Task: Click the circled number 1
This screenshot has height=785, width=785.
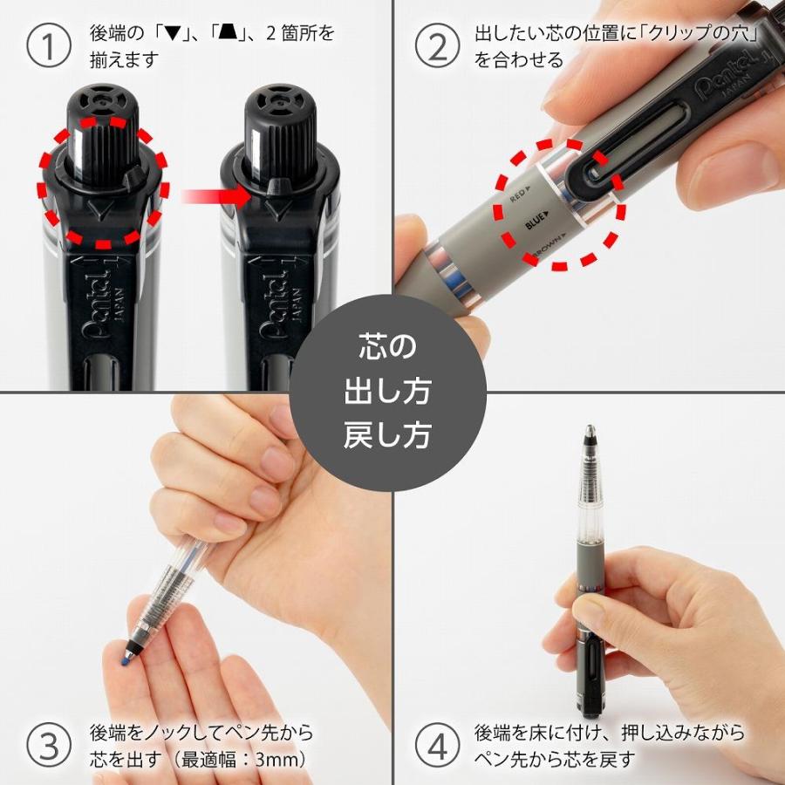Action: pos(48,47)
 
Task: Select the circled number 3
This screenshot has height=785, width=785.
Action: pos(48,746)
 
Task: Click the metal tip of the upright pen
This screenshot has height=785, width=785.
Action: pos(590,433)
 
